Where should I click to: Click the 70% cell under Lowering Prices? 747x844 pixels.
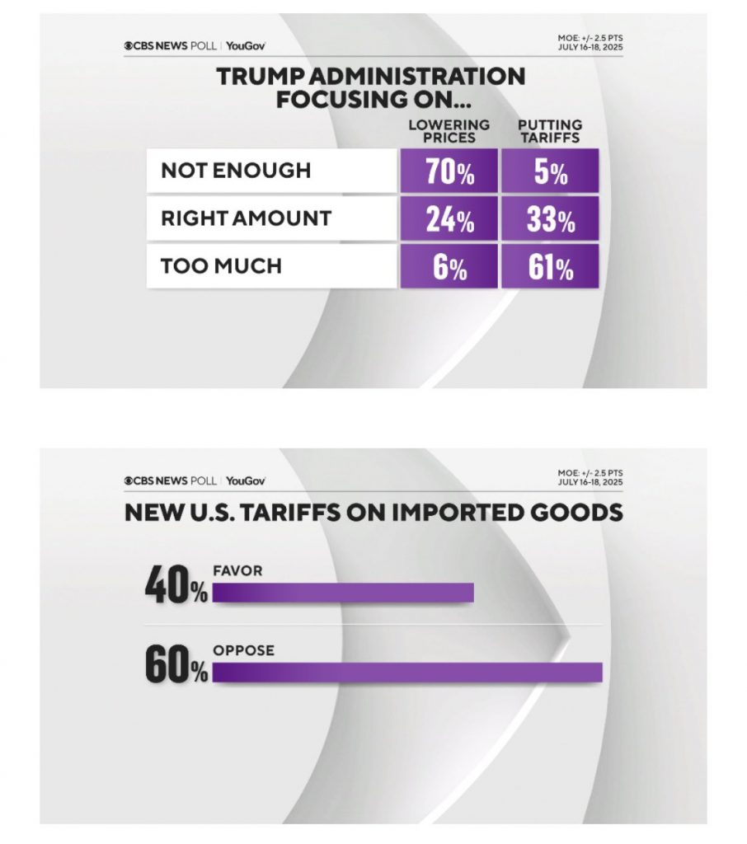pyautogui.click(x=449, y=171)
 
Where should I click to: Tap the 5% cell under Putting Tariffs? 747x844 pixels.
pyautogui.click(x=550, y=171)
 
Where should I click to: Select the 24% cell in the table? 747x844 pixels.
pyautogui.click(x=449, y=219)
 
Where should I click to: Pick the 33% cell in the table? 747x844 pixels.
pyautogui.click(x=550, y=219)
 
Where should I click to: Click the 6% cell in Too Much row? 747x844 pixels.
pyautogui.click(x=449, y=266)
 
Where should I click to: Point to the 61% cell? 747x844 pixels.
pyautogui.click(x=550, y=266)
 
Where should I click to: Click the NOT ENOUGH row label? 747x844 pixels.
pyautogui.click(x=236, y=171)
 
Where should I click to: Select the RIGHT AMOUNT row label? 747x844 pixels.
pyautogui.click(x=246, y=218)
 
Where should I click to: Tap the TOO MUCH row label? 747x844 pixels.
pyautogui.click(x=221, y=265)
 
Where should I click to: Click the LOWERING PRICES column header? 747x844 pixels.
pyautogui.click(x=449, y=131)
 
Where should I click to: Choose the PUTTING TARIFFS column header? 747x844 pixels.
pyautogui.click(x=549, y=131)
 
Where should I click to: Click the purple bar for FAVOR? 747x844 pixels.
pyautogui.click(x=343, y=593)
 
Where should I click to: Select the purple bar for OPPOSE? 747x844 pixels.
pyautogui.click(x=407, y=673)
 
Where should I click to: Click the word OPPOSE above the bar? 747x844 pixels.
pyautogui.click(x=243, y=651)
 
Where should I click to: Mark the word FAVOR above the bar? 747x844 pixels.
pyautogui.click(x=237, y=570)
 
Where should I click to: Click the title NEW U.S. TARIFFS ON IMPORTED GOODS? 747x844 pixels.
pyautogui.click(x=373, y=513)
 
